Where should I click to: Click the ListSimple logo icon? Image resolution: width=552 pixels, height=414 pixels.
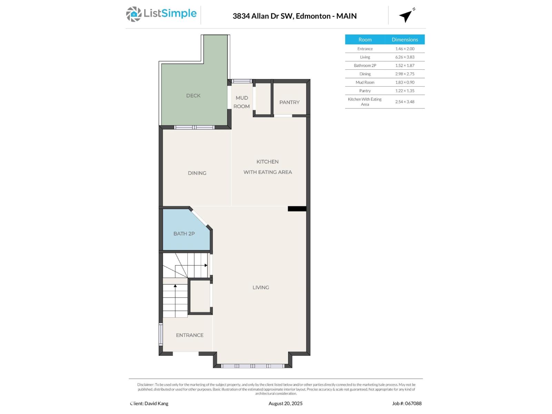tap(134, 14)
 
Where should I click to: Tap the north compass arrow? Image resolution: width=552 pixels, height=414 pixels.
tap(406, 16)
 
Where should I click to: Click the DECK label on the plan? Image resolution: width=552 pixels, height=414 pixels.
tap(193, 96)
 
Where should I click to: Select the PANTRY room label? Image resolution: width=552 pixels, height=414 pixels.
tap(289, 102)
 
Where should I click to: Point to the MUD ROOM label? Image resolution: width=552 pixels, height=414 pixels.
tap(241, 102)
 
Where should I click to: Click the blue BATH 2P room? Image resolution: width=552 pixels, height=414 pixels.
tap(184, 234)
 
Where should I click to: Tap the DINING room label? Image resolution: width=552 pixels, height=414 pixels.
tap(197, 173)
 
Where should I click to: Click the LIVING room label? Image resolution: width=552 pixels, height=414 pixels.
tap(260, 287)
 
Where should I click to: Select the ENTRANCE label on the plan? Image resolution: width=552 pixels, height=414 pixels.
tap(189, 335)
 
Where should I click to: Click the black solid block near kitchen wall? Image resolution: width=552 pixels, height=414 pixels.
tap(297, 209)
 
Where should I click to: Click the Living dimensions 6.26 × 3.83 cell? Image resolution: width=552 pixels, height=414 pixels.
tap(405, 57)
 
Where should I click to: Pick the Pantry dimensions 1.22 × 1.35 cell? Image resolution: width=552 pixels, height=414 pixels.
tap(405, 91)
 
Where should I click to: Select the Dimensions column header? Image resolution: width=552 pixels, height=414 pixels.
tap(405, 40)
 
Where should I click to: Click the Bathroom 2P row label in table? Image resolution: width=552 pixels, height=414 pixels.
tap(365, 66)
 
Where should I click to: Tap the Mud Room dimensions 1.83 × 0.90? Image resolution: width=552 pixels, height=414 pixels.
tap(405, 82)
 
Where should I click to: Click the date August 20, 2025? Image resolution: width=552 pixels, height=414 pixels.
tap(285, 403)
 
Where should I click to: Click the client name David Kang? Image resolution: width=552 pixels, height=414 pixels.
tap(149, 403)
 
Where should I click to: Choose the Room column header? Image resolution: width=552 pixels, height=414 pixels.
tap(365, 40)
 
